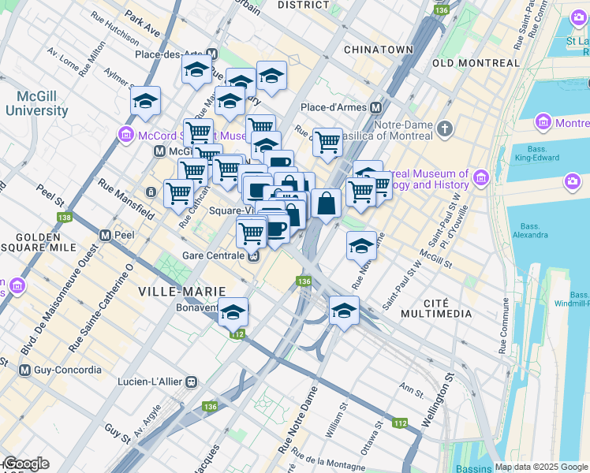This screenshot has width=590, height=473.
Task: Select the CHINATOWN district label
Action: tap(379, 50)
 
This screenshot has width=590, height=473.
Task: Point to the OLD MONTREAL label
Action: tap(476, 63)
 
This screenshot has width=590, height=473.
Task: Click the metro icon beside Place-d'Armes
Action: tap(376, 107)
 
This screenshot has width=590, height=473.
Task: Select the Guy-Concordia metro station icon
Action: tap(25, 370)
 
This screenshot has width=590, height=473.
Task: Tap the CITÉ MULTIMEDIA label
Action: tap(436, 307)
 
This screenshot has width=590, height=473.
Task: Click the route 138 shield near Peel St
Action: tap(62, 218)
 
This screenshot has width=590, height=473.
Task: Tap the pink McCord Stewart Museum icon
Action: tap(125, 136)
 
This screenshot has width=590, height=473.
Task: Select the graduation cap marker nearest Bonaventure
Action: tap(233, 312)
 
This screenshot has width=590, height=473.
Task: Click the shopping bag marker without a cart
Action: tap(326, 203)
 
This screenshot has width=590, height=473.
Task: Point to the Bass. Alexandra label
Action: tap(529, 229)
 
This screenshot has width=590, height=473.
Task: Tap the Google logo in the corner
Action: tap(25, 464)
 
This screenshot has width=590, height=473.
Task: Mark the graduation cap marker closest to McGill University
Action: tap(146, 102)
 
